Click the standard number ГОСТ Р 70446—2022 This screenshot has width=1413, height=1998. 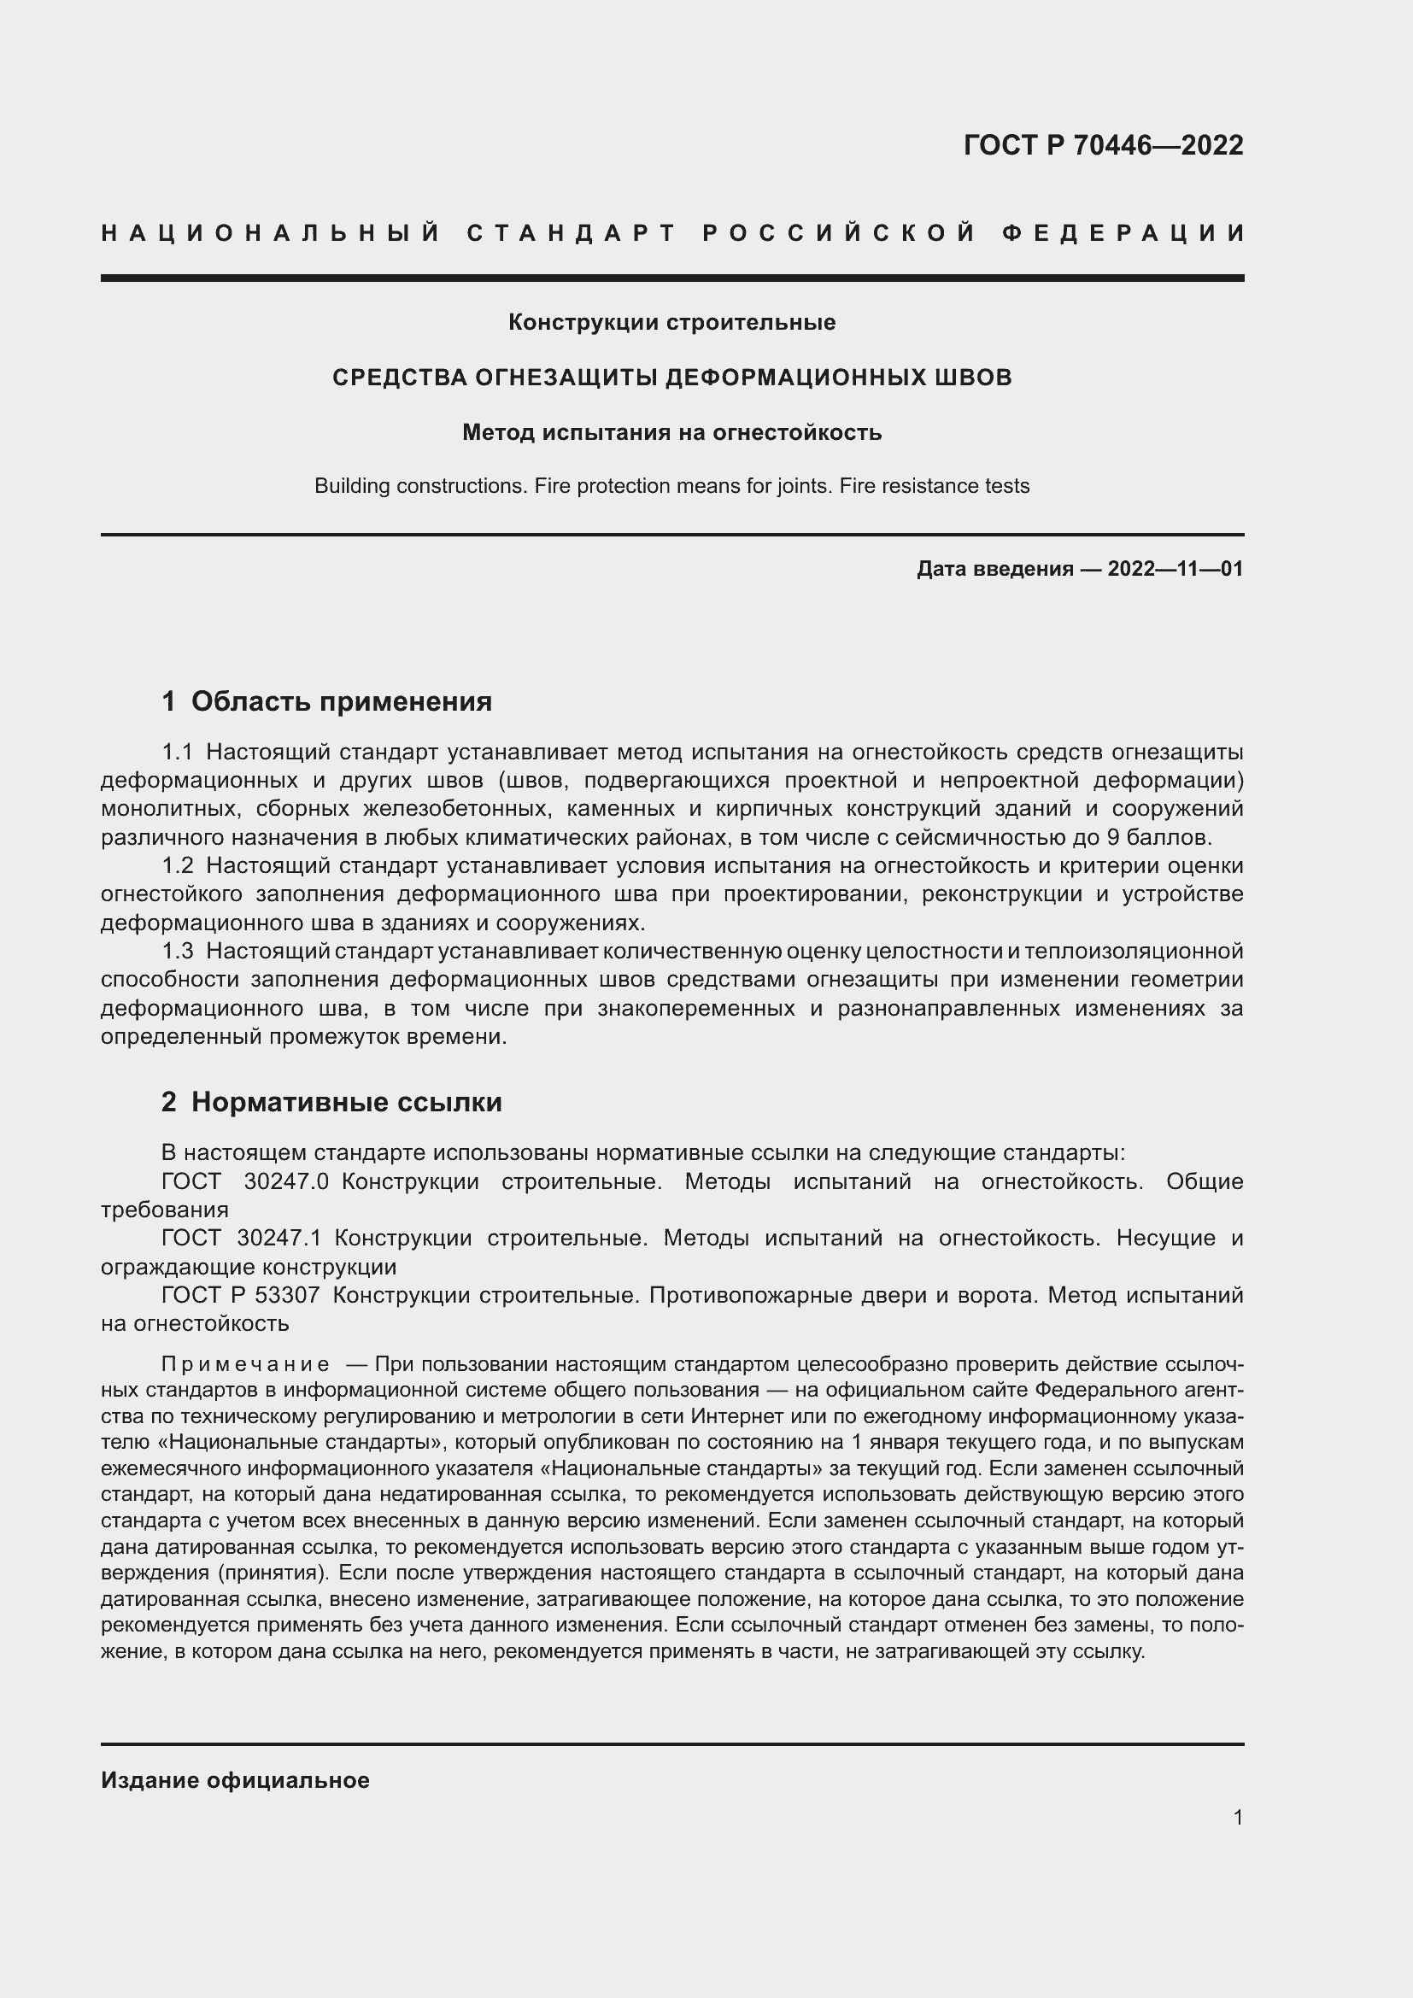1102,145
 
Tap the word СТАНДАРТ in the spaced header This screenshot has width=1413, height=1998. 572,233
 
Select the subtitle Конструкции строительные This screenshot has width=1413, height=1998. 671,323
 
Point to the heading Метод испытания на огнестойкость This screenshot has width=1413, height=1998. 671,432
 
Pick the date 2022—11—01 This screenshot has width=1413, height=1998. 1176,569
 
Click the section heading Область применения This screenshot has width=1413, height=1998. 341,701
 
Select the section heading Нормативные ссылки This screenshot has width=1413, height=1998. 346,1103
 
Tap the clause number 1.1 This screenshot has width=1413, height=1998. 177,752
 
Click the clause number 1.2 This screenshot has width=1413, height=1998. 177,866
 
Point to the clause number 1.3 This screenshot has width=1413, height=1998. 177,951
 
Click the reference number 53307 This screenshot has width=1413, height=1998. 287,1295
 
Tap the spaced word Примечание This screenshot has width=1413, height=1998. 245,1364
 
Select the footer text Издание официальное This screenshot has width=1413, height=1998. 235,1780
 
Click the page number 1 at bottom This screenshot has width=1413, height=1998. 1238,1818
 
